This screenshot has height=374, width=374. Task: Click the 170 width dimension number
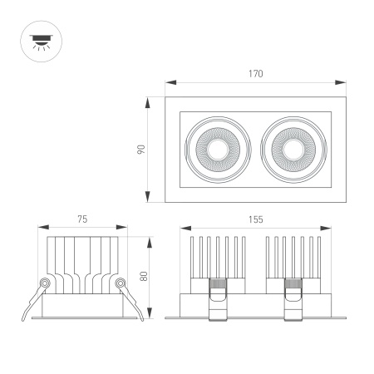tap(255, 74)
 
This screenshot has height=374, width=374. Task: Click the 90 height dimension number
tap(141, 150)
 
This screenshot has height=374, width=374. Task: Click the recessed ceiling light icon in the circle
tap(39, 41)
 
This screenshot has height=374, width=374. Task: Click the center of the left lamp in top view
tap(217, 150)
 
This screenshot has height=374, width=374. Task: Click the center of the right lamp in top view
tap(292, 150)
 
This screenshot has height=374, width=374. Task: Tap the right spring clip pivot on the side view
tap(121, 283)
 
